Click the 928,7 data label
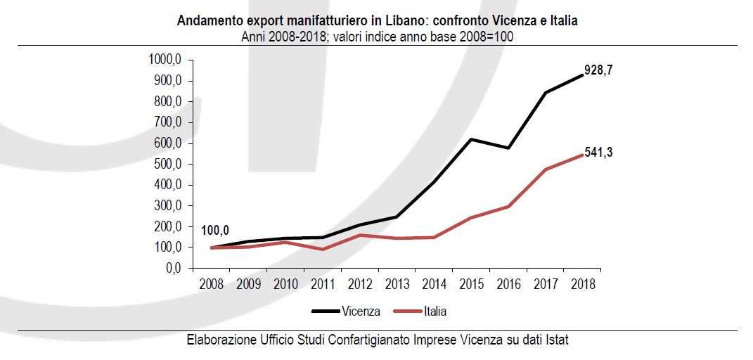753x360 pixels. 598,71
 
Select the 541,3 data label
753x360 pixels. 598,153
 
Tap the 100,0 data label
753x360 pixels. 215,230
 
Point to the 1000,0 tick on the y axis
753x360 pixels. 165,60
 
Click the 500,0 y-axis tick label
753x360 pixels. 168,165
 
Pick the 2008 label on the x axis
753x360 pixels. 212,285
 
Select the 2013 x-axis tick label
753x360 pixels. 397,285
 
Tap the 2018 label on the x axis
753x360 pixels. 582,285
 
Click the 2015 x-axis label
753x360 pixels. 471,285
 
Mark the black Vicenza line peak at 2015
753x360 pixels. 471,139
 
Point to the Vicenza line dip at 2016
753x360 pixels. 508,148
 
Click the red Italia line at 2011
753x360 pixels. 323,249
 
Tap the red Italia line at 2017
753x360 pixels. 545,169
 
